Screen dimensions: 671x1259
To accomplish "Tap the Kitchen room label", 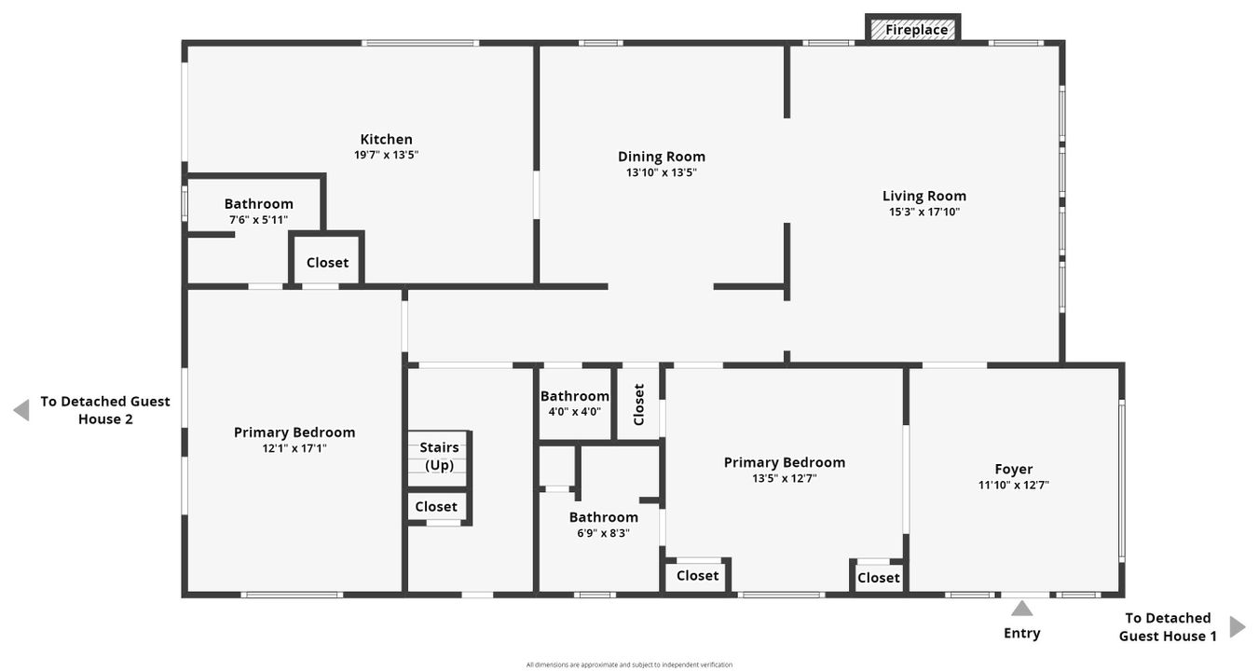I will tap(386, 140).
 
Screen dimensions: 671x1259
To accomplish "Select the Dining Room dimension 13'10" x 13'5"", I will tap(661, 172).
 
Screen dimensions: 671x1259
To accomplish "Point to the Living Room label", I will tap(924, 196).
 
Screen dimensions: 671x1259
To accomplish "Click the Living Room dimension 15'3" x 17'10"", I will tap(924, 212).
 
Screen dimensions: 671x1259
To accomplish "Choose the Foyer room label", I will tap(1013, 469).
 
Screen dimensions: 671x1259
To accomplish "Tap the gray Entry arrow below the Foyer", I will tap(1022, 609).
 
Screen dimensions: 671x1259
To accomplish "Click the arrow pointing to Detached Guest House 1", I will tap(1237, 626).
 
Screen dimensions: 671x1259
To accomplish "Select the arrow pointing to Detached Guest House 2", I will tap(21, 410).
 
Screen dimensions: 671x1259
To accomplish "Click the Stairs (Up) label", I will tap(439, 456).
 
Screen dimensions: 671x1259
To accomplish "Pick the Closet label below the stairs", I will tap(436, 507).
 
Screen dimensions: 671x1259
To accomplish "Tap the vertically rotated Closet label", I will tap(638, 404).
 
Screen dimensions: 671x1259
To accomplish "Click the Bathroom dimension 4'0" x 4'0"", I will tap(574, 411).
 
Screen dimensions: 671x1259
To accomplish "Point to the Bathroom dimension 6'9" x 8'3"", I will tap(603, 533).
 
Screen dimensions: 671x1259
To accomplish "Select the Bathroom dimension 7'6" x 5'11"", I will tap(258, 220).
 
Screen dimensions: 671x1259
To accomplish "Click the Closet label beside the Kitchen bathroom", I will tap(327, 263).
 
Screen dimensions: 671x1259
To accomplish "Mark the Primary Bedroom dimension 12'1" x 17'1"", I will tap(294, 448).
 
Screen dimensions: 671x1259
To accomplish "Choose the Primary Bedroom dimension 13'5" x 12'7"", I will tap(784, 478).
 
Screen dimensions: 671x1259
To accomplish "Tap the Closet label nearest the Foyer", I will tap(878, 578).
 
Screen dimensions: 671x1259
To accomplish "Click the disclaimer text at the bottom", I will tap(629, 664).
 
